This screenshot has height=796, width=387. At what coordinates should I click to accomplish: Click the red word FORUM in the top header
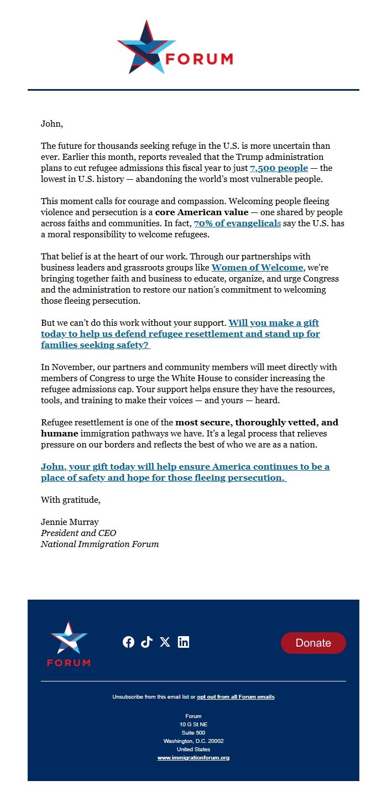point(199,59)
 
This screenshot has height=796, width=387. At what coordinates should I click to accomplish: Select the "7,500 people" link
point(279,168)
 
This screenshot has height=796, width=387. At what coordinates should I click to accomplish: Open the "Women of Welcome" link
point(257,268)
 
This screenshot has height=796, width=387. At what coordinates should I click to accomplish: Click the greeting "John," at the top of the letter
point(52,124)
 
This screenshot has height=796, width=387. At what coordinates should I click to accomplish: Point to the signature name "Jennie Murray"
point(70,522)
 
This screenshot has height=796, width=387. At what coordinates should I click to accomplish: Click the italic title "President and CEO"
point(79,533)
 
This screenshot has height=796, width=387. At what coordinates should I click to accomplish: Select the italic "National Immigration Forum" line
point(100,544)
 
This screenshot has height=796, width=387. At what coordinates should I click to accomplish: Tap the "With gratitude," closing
point(71,500)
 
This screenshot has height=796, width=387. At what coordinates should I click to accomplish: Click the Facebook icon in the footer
point(128,642)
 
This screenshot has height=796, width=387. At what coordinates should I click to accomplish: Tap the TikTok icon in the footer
point(147,642)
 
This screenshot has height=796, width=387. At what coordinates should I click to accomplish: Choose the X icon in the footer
point(165,642)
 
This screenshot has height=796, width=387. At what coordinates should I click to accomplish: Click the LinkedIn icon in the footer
point(183,642)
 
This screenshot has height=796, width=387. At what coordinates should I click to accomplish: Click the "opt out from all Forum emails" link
point(236,697)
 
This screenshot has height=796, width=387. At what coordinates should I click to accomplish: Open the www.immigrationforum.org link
point(193,758)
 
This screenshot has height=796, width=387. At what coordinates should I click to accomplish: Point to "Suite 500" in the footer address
point(193,733)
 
